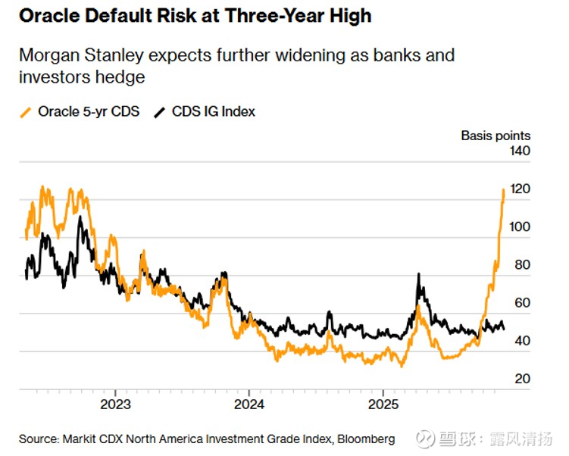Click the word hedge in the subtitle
pos(124,77)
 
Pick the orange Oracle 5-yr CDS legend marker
pos(27,112)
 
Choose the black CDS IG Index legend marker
pos(160,112)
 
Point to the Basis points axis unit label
pos(496,136)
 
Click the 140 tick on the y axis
pos(520,151)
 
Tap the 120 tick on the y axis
pos(520,189)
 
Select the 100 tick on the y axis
pos(520,226)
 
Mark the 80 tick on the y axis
pos(523,265)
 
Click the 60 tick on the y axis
pos(523,303)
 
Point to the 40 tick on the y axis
pos(523,341)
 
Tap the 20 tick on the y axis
pos(523,379)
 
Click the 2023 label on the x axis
pos(116,404)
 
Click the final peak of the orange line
pos(504,190)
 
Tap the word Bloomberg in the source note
pos(367,439)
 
